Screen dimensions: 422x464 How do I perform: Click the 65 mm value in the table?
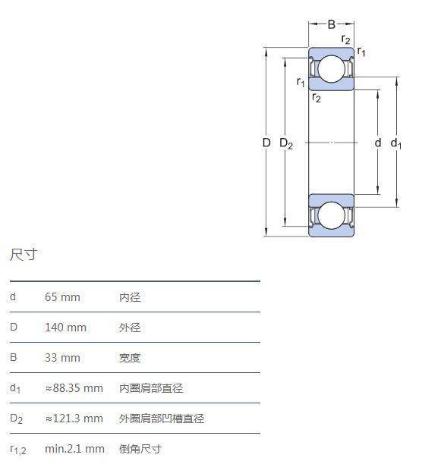[x=62, y=297]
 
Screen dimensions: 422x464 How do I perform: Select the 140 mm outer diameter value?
[x=65, y=328]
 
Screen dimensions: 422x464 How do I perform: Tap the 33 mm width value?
[x=62, y=358]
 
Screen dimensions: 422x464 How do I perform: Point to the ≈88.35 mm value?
[x=74, y=388]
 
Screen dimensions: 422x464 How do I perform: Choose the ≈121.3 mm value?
[x=74, y=419]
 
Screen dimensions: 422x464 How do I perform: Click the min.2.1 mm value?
[x=74, y=449]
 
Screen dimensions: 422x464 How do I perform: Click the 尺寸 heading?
[x=24, y=255]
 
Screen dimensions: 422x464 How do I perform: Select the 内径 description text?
[x=130, y=297]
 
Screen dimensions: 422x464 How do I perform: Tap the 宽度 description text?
[x=130, y=358]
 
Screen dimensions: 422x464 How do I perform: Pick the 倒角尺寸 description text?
[x=140, y=449]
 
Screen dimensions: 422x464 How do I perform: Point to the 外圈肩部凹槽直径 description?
[x=162, y=419]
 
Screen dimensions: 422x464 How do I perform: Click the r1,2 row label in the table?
[x=18, y=450]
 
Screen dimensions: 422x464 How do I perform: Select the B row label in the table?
[x=14, y=357]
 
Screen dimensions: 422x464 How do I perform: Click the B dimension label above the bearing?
[x=332, y=24]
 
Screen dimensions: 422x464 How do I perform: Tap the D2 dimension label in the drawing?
[x=286, y=143]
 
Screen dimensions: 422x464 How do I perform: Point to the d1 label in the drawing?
[x=396, y=143]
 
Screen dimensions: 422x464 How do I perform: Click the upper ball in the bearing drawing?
[x=332, y=69]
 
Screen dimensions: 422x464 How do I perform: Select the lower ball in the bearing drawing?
[x=332, y=215]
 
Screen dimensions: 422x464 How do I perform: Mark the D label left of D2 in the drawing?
[x=266, y=143]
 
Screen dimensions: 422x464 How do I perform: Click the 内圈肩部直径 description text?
[x=151, y=388]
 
